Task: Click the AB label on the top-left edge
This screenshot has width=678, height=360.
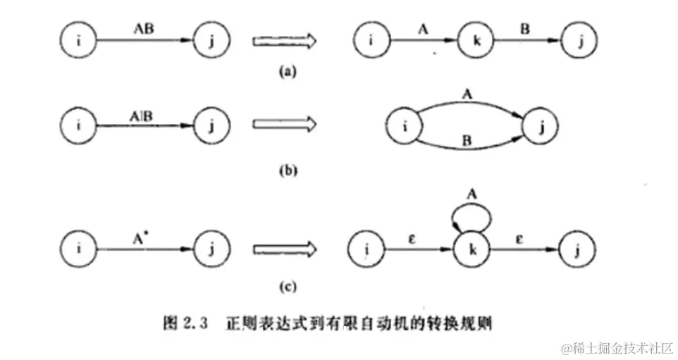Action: click(x=144, y=30)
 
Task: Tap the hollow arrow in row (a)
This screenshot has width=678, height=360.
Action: click(x=277, y=42)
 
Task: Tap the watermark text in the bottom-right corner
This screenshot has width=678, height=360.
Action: click(x=618, y=348)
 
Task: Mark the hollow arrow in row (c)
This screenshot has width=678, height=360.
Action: click(x=277, y=247)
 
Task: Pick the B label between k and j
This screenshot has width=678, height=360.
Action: click(x=526, y=30)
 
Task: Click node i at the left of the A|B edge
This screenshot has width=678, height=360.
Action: click(x=76, y=125)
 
